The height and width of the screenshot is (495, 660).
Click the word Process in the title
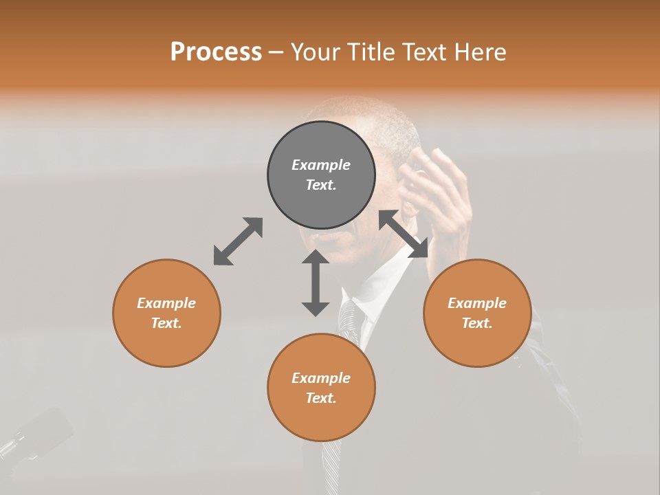216,52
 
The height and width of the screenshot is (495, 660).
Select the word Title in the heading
371,52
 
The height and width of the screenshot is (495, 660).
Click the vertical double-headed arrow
316,283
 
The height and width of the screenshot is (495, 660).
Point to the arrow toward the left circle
238,241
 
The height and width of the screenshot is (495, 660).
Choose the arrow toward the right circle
403,234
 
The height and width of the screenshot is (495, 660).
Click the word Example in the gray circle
321,165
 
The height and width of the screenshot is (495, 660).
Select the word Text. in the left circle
166,323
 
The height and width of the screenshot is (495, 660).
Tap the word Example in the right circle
477,303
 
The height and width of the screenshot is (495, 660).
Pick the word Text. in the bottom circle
321,398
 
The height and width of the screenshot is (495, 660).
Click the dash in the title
276,52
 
